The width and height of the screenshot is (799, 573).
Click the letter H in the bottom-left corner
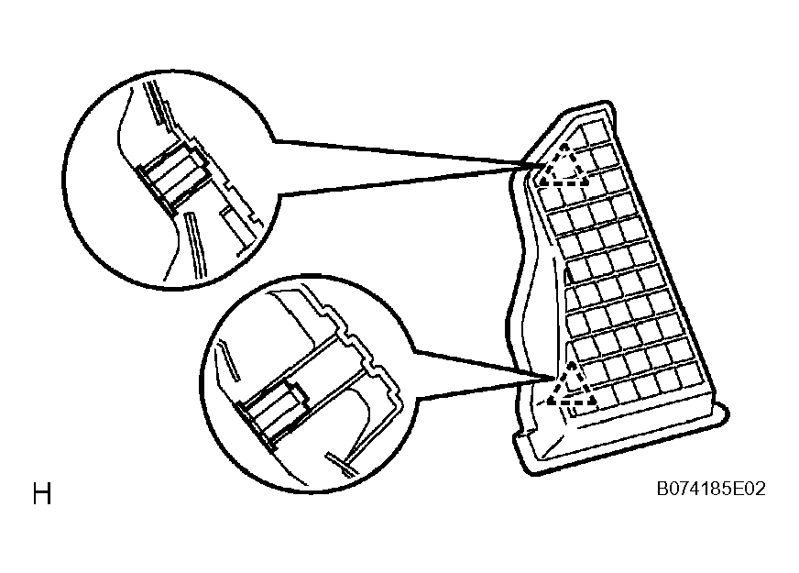42,493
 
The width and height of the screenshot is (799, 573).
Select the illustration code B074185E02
711,489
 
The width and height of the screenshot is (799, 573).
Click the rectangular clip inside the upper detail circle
172,176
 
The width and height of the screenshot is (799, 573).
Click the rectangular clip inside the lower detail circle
274,411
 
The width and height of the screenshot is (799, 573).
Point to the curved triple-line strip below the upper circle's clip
195,245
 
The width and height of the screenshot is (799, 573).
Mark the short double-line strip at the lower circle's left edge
228,358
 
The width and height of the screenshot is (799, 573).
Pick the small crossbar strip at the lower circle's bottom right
344,464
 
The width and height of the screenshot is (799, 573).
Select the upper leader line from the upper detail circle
401,153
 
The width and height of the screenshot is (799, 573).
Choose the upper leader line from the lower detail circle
484,364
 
